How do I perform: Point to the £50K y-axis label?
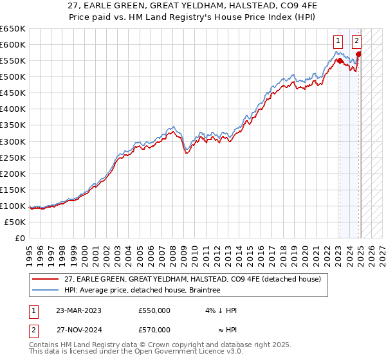14,222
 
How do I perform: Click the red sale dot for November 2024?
359,54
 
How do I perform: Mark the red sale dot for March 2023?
340,60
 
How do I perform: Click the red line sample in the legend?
45,278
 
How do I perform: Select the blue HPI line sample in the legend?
45,290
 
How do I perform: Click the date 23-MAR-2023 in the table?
78,310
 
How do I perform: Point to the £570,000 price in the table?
154,330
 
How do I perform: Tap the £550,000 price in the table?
154,310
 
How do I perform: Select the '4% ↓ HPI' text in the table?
221,310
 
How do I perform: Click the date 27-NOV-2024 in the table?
78,330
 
